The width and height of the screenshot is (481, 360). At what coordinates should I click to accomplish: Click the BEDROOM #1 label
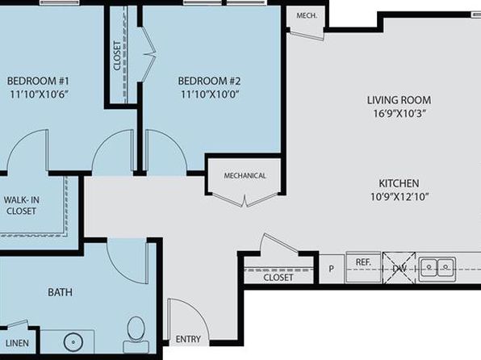tap(38, 81)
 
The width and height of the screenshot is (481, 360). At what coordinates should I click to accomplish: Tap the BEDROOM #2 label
tap(209, 81)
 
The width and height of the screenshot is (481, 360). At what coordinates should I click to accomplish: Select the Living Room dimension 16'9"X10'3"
tap(399, 114)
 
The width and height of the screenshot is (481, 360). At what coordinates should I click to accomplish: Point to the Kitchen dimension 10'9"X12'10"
tap(399, 196)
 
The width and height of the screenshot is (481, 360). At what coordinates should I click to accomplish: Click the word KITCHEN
tap(399, 183)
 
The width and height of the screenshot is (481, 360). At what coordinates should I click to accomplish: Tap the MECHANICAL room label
tap(245, 176)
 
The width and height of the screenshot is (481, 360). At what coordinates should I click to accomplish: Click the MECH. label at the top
tap(307, 15)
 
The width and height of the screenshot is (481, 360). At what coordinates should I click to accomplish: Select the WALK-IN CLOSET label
tap(22, 205)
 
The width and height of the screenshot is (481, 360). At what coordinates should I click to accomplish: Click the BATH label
tap(60, 292)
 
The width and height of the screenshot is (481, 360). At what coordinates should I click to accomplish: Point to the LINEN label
tap(17, 343)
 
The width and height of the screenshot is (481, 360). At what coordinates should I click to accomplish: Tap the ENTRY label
tap(188, 339)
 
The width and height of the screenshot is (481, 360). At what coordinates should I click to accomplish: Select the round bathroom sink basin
tap(73, 342)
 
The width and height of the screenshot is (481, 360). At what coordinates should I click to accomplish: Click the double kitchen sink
tap(437, 270)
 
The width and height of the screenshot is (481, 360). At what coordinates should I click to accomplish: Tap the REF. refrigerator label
tap(363, 262)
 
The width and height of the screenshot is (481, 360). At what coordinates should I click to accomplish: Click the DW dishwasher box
tap(399, 268)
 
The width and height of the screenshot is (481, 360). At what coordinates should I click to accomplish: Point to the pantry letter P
tap(332, 269)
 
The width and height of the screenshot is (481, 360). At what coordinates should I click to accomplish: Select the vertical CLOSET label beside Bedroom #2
tap(117, 56)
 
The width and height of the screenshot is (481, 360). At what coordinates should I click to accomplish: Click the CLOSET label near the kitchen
tap(278, 278)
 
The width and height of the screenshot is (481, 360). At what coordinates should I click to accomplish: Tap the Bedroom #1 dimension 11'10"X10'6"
tap(38, 94)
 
